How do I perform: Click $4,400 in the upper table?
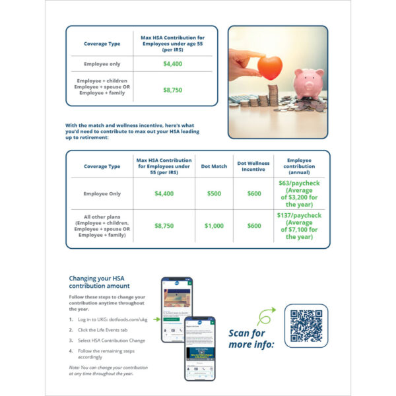point(173,64)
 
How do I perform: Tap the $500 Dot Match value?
point(214,193)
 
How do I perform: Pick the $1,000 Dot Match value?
point(214,226)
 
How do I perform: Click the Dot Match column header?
point(214,166)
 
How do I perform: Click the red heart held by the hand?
point(269,67)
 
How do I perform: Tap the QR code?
point(306,325)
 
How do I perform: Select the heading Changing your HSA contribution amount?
point(99,282)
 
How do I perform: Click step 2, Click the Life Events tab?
point(103,329)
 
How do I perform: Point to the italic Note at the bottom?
point(108,370)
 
